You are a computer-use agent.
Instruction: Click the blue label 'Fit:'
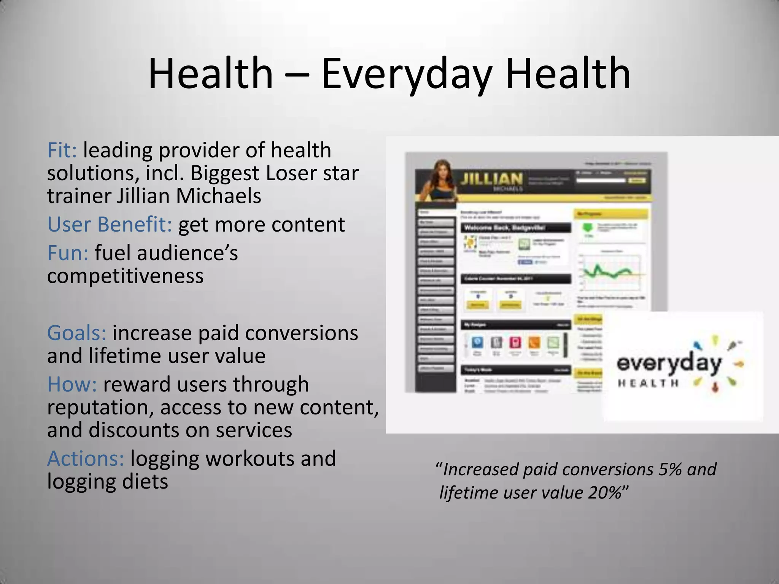pos(62,150)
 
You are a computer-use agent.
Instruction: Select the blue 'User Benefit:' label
pos(110,224)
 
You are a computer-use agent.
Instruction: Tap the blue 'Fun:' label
pos(68,253)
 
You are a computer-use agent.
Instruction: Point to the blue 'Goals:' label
pos(76,333)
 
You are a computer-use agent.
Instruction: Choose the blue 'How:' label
pos(72,384)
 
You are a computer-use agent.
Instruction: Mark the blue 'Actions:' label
pos(86,459)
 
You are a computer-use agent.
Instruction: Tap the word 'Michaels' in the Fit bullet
pos(218,196)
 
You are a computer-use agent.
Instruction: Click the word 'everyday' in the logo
pos(669,364)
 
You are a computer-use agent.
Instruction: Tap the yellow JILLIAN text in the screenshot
pos(491,178)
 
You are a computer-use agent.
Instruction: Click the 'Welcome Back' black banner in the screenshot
pos(516,228)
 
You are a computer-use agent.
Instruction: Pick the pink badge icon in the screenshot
pos(515,343)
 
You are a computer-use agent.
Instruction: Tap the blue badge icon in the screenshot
pos(478,342)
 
